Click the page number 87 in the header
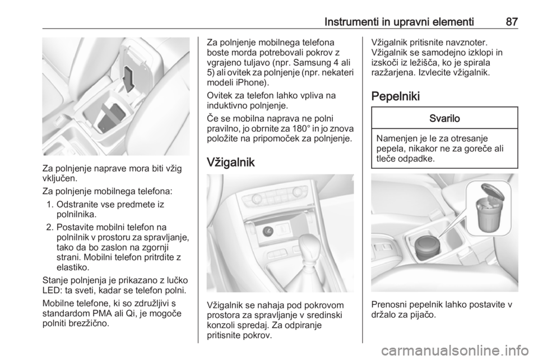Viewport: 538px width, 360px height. [512, 22]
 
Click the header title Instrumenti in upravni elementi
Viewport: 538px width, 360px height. [399, 22]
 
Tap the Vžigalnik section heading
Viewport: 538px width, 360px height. [231, 162]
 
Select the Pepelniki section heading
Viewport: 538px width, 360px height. [395, 96]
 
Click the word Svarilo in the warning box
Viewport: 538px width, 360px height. [444, 118]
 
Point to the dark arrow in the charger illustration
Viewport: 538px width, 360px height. [129, 79]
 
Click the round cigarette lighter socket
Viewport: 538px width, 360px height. [267, 232]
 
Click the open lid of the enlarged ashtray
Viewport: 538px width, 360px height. [494, 193]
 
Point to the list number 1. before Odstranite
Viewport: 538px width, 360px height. [49, 205]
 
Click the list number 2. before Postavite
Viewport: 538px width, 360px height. [49, 227]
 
